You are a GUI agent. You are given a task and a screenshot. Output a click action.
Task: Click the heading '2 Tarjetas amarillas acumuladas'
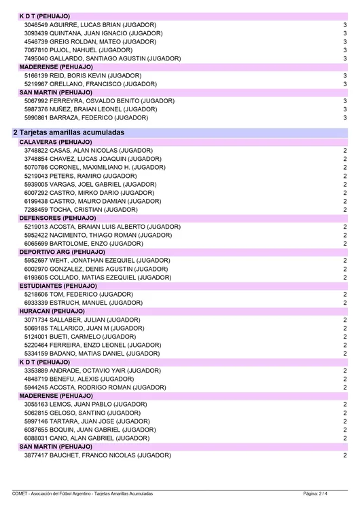point(68,132)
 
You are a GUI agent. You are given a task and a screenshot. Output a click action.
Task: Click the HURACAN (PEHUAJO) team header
point(53,311)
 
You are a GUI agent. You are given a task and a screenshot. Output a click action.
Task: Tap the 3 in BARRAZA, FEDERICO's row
point(345,117)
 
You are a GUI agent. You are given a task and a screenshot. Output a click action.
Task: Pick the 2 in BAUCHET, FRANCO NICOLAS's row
point(345,455)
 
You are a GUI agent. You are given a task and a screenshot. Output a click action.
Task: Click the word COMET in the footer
point(20,493)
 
